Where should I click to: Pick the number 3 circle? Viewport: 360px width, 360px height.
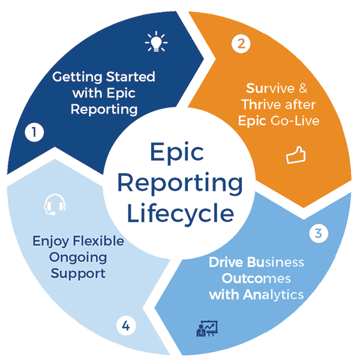click(x=319, y=233)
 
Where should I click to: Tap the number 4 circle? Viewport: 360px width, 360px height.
click(x=126, y=326)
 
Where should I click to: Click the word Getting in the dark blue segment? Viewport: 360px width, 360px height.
click(x=74, y=77)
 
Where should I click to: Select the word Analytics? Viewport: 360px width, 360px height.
click(x=274, y=295)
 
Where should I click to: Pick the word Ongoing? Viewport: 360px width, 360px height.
click(x=78, y=257)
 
